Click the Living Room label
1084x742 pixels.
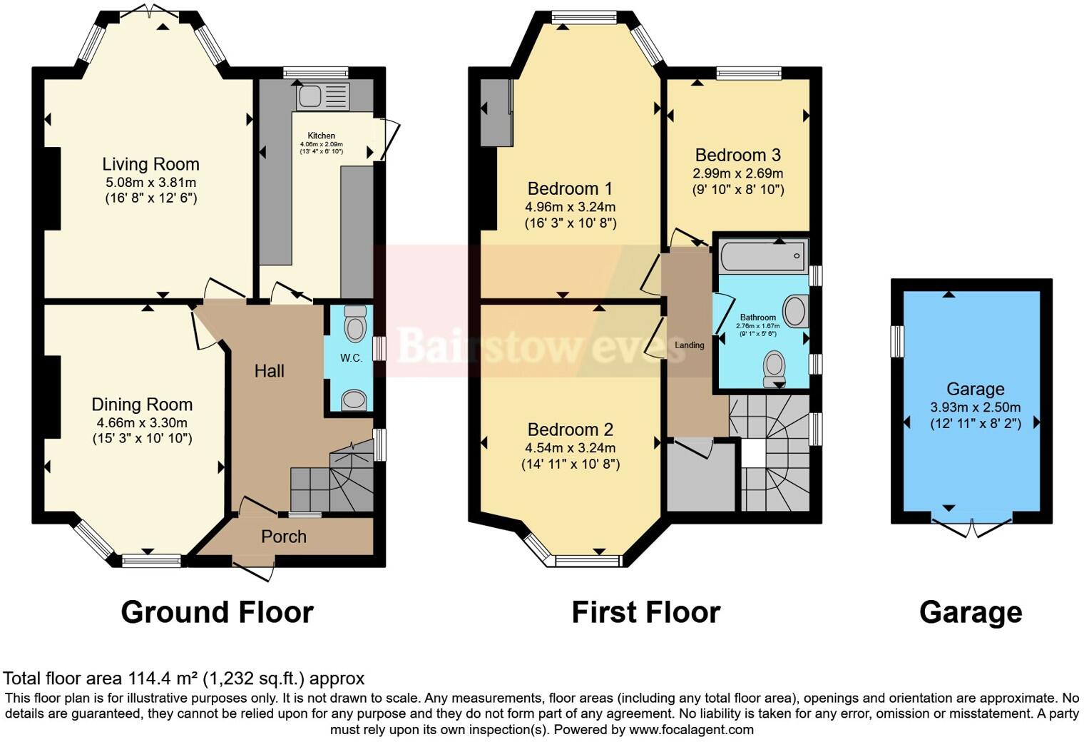coord(150,165)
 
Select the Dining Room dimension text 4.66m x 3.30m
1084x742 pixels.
coord(142,422)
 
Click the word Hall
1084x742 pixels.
coord(270,371)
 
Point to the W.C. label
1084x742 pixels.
coord(350,358)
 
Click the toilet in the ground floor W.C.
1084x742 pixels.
coord(354,325)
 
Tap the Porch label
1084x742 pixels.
coord(284,537)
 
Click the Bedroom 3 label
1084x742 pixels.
coord(737,155)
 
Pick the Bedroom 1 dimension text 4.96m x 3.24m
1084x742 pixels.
coord(570,207)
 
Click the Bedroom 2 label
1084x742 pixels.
coord(570,430)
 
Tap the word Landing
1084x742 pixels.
coord(689,345)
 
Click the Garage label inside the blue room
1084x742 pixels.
coord(975,389)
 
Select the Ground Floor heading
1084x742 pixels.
coord(217,612)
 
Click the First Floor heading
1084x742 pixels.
coord(645,612)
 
